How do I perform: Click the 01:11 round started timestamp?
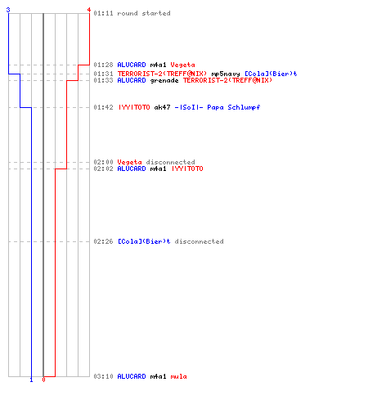103,13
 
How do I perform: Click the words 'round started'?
144,13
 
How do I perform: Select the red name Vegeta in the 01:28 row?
182,65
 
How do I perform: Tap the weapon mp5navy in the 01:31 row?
226,74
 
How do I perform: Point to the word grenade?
164,80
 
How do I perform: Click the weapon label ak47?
163,107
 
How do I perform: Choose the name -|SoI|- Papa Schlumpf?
218,107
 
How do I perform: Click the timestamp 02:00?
103,162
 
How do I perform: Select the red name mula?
179,376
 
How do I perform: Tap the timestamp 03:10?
103,376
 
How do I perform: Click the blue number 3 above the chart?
8,10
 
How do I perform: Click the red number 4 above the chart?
89,10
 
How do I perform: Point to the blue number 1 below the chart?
31,380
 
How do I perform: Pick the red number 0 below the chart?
43,380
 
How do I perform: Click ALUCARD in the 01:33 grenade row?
132,80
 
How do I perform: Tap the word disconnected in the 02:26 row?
199,241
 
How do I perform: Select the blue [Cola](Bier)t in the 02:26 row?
144,241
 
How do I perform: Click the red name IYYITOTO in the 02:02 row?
187,169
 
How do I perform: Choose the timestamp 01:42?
103,107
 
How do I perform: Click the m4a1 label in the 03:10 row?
158,376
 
